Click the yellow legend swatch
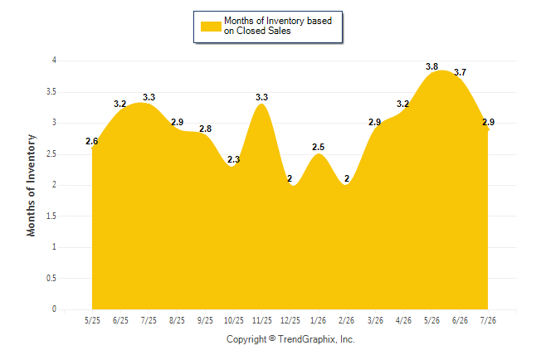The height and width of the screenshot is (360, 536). click(211, 27)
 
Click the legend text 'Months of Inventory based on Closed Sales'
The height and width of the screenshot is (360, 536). click(278, 26)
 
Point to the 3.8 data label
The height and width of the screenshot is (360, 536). click(431, 66)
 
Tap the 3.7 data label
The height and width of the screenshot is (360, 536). click(460, 72)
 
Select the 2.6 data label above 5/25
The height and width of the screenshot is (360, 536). click(91, 141)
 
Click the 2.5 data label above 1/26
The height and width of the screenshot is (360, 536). click(319, 147)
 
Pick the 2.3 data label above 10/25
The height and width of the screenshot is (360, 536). click(233, 159)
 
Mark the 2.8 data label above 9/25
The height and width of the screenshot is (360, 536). click(206, 129)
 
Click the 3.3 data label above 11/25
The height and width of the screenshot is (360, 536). click(262, 97)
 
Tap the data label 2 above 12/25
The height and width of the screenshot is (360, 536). click(290, 178)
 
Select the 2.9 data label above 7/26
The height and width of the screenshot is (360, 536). click(489, 122)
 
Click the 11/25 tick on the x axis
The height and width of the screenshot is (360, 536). click(262, 321)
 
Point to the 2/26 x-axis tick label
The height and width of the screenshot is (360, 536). click(346, 321)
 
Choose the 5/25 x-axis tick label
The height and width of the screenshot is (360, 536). click(92, 321)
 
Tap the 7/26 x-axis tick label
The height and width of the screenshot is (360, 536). click(488, 321)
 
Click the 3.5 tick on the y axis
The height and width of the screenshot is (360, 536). click(51, 92)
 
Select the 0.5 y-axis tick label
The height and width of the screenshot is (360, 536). click(51, 278)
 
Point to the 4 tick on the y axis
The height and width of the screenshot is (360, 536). click(54, 61)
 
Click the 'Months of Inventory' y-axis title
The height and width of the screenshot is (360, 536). click(31, 185)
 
